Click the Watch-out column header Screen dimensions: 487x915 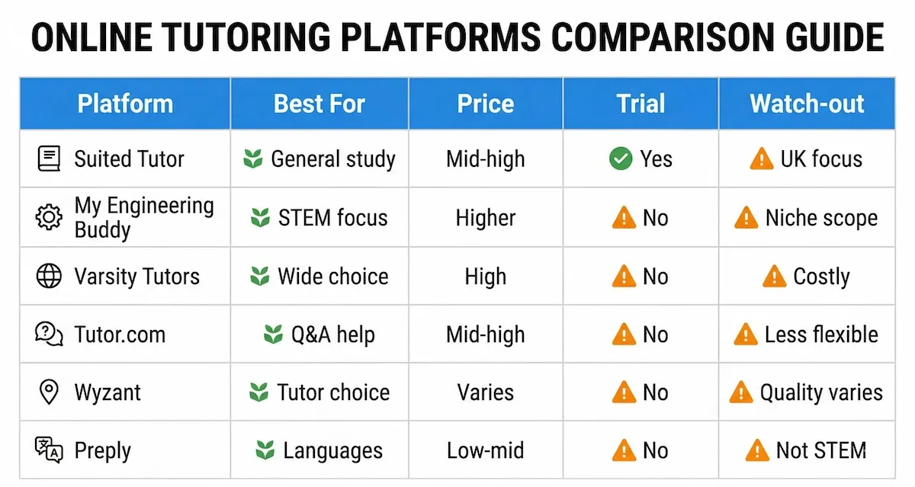pos(807,104)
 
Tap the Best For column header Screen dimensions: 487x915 pos(319,104)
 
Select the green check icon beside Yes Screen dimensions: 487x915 pos(620,159)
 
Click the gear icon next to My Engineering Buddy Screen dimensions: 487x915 pos(49,218)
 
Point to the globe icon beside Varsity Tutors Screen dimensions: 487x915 pos(49,276)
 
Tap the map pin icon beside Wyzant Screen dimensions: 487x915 pos(49,392)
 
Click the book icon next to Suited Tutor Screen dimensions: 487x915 pos(49,159)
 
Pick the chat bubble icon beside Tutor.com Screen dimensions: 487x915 pos(49,334)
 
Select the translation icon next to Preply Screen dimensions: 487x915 pos(49,450)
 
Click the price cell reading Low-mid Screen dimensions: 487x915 pos(486,450)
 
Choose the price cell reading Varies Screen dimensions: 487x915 pos(486,392)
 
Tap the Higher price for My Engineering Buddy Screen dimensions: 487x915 pos(486,218)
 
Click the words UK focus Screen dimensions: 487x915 pos(821,159)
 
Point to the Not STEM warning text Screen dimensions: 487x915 pos(820,450)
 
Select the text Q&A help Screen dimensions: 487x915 pos(333,335)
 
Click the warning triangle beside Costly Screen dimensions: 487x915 pos(774,276)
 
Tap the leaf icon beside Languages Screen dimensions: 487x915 pos(265,450)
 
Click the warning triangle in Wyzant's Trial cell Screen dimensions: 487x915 pos(624,392)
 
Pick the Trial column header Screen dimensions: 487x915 pos(640,104)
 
